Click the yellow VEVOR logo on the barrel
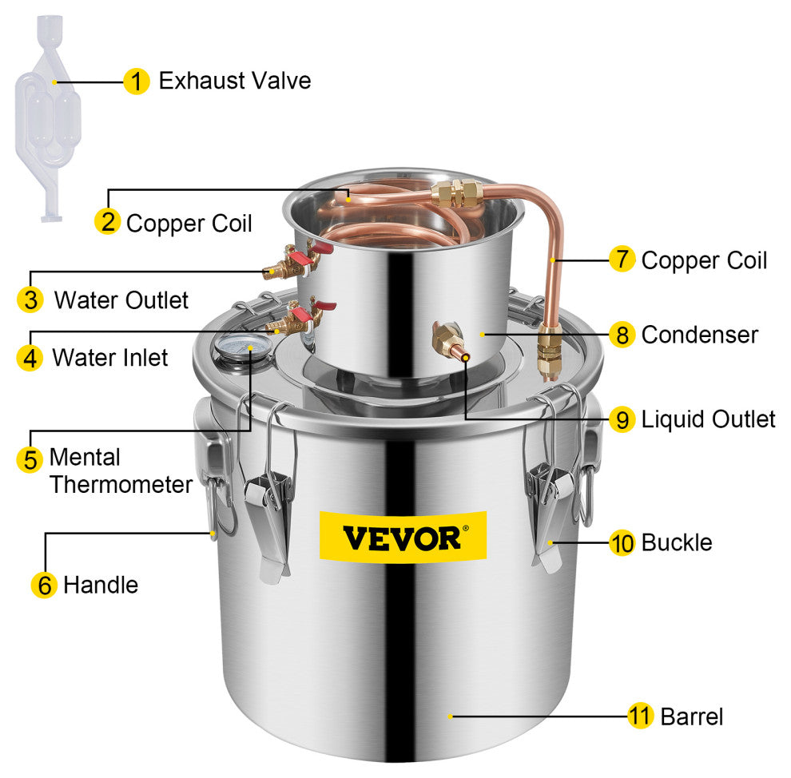403,537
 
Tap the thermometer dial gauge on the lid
237,347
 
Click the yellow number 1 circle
136,81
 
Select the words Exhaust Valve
235,81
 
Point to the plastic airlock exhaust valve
47,118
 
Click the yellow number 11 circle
641,716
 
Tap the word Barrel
692,716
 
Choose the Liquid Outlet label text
708,419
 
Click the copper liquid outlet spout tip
465,356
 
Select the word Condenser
700,335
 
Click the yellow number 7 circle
622,259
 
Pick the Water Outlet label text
121,300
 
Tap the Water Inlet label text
110,358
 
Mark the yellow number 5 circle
30,459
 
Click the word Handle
101,585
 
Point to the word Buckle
677,543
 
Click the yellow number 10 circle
622,543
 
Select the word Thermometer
121,485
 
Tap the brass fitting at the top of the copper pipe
456,193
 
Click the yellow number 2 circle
107,221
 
